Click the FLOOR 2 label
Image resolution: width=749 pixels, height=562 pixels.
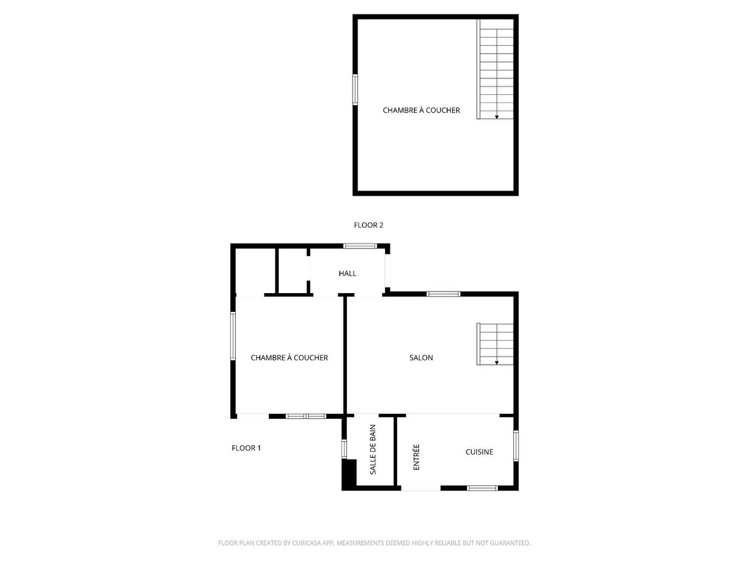(x=368, y=225)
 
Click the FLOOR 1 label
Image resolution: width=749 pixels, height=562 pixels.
(x=246, y=448)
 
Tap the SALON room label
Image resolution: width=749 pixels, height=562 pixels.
(x=421, y=358)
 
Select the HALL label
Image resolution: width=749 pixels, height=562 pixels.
(x=348, y=273)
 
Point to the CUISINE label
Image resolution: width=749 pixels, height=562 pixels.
(x=479, y=452)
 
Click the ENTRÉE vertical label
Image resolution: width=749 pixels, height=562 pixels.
(x=416, y=457)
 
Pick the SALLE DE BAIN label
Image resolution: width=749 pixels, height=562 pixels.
(x=373, y=450)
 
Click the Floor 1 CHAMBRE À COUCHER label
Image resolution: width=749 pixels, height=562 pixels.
(x=289, y=358)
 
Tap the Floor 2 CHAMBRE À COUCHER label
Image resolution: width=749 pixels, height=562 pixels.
(x=421, y=110)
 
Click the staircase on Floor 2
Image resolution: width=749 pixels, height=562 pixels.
(x=496, y=69)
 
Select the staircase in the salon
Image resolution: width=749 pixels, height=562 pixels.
(x=496, y=344)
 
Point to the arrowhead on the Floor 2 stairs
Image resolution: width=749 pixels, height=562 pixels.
(x=497, y=117)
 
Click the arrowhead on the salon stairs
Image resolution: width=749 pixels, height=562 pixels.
(x=497, y=363)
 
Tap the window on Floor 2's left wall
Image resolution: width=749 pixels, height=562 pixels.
(x=355, y=89)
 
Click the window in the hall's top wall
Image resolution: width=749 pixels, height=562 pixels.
(x=360, y=246)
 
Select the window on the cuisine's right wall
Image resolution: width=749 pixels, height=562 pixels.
(x=516, y=445)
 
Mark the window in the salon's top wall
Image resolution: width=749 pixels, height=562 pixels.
(x=444, y=294)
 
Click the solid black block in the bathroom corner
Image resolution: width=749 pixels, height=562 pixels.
(x=349, y=474)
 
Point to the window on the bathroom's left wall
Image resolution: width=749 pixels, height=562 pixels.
(x=344, y=448)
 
